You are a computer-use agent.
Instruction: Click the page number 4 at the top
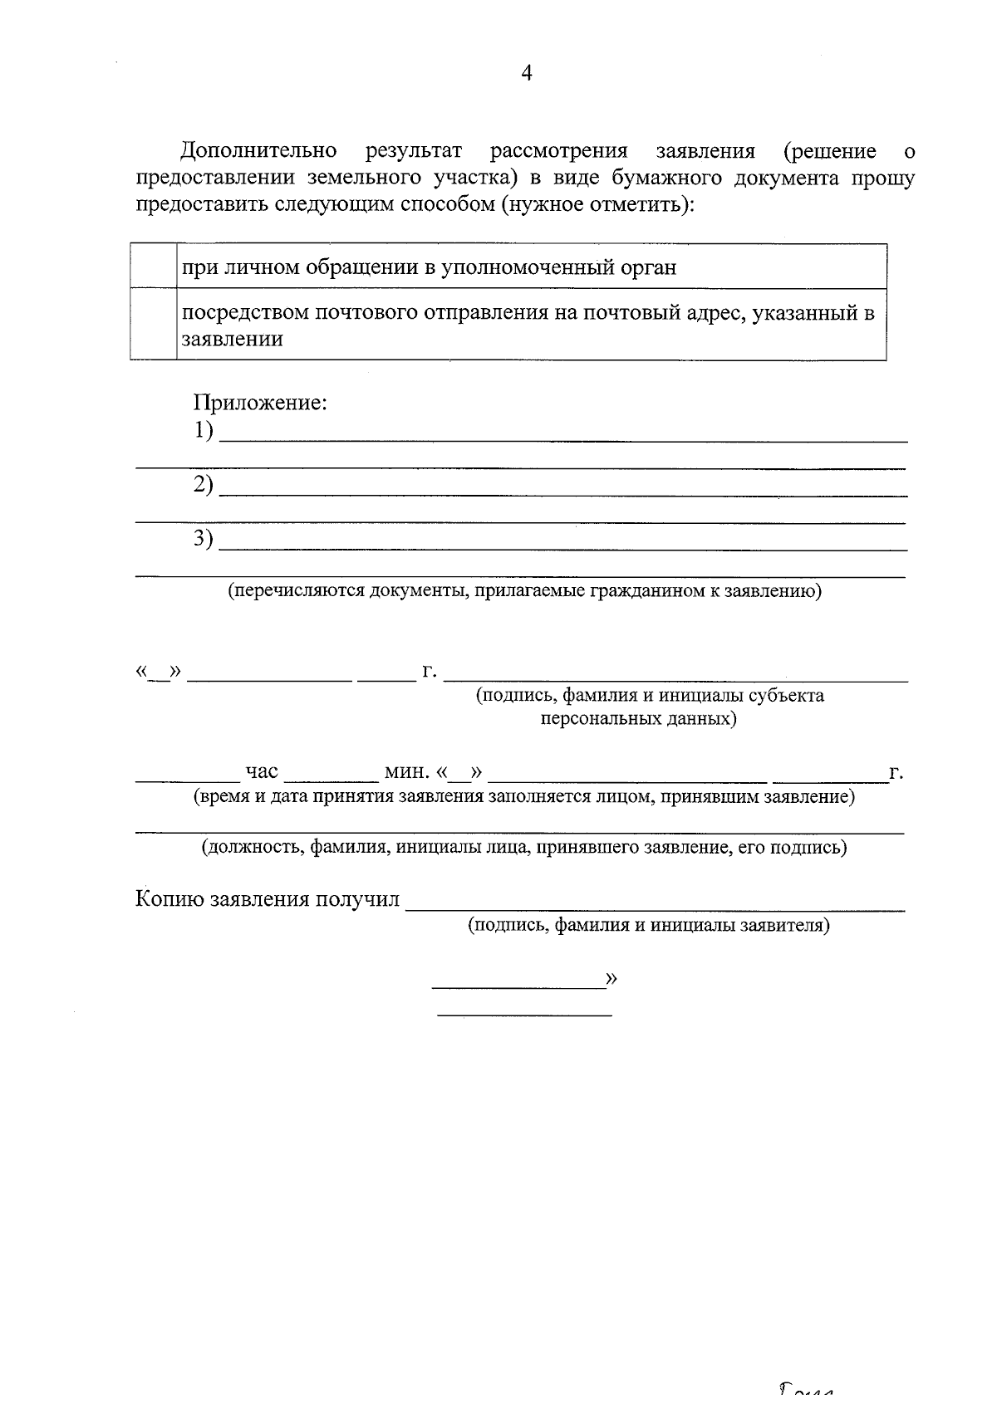pyautogui.click(x=526, y=73)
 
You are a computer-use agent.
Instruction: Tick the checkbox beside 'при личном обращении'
pyautogui.click(x=153, y=267)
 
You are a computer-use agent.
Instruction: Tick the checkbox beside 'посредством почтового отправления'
pyautogui.click(x=153, y=325)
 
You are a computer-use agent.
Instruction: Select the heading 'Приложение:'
pyautogui.click(x=260, y=404)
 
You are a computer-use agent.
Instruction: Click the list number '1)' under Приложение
pyautogui.click(x=204, y=431)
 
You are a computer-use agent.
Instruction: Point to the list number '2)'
pyautogui.click(x=204, y=485)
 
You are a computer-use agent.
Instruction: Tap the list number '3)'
pyautogui.click(x=204, y=539)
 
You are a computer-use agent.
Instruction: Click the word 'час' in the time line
pyautogui.click(x=262, y=772)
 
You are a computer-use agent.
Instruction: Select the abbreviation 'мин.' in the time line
pyautogui.click(x=406, y=772)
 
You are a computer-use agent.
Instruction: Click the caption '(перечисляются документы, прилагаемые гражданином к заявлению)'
pyautogui.click(x=525, y=591)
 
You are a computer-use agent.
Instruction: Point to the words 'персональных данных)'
pyautogui.click(x=638, y=719)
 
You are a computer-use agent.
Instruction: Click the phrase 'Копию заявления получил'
pyautogui.click(x=268, y=900)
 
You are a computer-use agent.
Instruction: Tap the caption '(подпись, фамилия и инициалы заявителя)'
pyautogui.click(x=649, y=925)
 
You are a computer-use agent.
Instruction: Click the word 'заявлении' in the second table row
pyautogui.click(x=233, y=339)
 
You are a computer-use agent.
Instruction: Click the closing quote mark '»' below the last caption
pyautogui.click(x=612, y=979)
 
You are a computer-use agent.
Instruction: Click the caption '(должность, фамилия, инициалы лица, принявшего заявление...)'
pyautogui.click(x=523, y=848)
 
